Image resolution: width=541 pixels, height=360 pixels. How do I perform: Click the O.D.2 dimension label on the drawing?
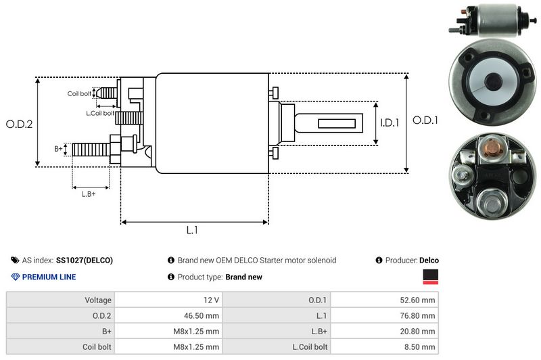pos(19,124)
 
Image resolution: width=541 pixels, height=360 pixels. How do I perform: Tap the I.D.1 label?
pos(390,123)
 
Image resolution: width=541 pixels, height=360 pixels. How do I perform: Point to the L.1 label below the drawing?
pos(192,230)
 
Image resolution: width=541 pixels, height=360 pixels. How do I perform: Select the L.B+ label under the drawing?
pos(89,195)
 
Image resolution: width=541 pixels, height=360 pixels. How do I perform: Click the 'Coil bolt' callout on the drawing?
pos(79,93)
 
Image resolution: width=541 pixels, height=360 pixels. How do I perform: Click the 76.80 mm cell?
pos(385,315)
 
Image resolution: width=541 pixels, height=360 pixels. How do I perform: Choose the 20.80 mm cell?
pos(385,331)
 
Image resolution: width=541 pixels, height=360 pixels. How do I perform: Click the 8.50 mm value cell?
pos(385,346)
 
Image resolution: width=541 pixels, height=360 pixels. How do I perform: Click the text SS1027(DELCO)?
pos(85,260)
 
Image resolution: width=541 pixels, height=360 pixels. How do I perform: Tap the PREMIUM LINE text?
pos(49,277)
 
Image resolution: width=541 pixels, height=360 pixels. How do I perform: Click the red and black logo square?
pos(430,276)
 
